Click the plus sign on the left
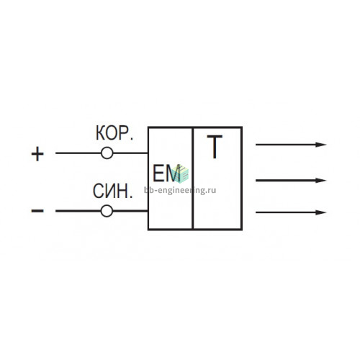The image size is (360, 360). (x=37, y=153)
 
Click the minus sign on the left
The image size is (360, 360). (x=37, y=211)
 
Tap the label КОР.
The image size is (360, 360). (x=114, y=133)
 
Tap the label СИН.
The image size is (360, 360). (x=112, y=192)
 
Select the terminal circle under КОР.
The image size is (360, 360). (x=107, y=153)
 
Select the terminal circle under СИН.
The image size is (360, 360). (x=107, y=211)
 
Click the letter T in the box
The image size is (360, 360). (x=215, y=147)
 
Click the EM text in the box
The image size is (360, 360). (x=166, y=174)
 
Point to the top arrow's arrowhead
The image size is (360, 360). (x=320, y=145)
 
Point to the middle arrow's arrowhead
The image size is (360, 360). (x=320, y=180)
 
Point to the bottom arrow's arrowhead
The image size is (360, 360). (x=320, y=212)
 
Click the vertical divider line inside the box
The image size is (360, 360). (x=193, y=178)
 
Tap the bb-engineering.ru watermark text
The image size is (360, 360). (x=180, y=190)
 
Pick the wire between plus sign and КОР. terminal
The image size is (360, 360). (x=78, y=153)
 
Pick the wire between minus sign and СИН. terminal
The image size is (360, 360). (x=78, y=211)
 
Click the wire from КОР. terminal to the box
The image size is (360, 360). (x=130, y=153)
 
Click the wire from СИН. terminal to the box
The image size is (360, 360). (x=130, y=211)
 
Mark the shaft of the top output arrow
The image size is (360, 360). (x=286, y=145)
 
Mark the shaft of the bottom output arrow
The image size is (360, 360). (x=286, y=212)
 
